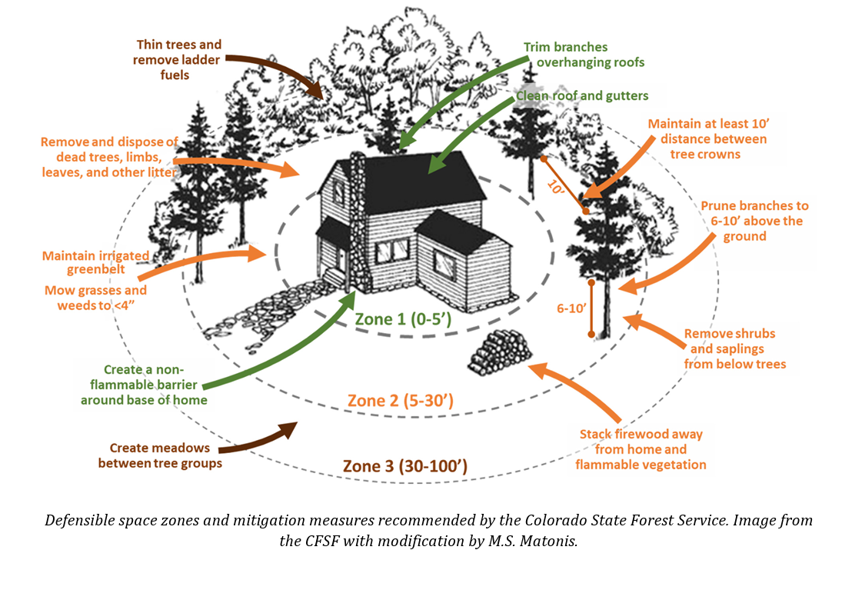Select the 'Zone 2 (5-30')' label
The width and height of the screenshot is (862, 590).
(399, 401)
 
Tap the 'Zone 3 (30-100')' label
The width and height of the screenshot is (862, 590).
(404, 465)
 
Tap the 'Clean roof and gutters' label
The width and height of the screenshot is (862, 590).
(582, 96)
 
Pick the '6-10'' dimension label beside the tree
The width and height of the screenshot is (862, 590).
(572, 308)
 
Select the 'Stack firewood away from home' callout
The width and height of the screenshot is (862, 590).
(641, 449)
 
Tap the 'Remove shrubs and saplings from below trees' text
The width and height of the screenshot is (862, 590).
(734, 349)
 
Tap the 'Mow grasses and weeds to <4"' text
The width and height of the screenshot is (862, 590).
(95, 298)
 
